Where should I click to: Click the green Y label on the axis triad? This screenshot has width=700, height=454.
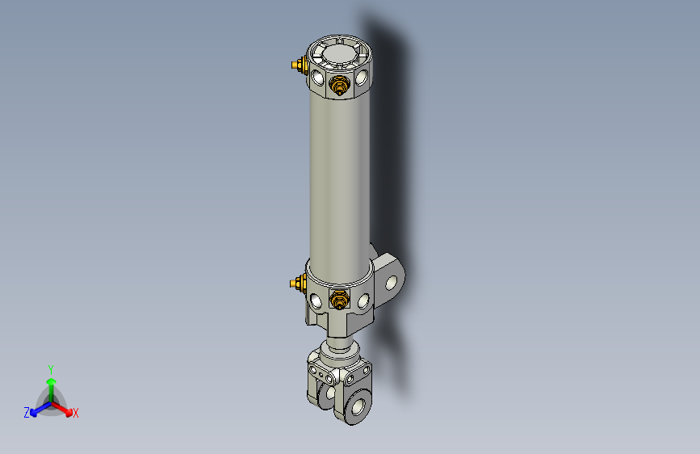tap(50, 368)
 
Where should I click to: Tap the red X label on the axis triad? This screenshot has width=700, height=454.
tap(76, 414)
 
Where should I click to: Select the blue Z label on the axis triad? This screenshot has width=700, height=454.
tap(26, 413)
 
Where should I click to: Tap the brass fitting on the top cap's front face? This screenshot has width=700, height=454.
tap(340, 85)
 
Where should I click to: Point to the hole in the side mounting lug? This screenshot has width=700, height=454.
tap(394, 283)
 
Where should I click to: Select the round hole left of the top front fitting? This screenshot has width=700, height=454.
tap(318, 79)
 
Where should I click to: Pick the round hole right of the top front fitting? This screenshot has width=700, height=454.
tap(363, 78)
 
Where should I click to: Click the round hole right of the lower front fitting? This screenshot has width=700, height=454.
tap(363, 300)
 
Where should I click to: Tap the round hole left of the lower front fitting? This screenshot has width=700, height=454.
tap(317, 301)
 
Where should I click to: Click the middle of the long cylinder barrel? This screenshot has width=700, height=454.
tap(339, 178)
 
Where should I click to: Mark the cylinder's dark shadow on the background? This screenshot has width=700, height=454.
tap(392, 162)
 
